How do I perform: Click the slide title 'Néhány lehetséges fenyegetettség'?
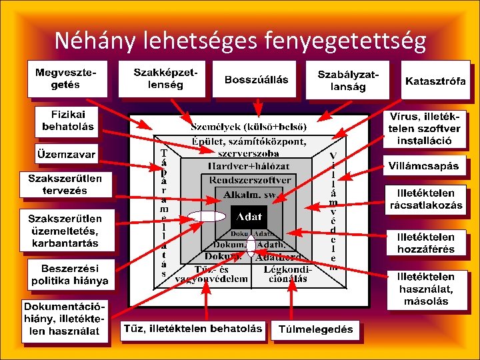pos(240,41)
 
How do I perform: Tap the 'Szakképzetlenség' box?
pos(158,78)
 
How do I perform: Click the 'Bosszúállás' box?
pos(256,81)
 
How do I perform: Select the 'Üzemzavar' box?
pos(66,154)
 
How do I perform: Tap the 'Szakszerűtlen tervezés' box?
pos(65,184)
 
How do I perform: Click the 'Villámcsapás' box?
pos(431,165)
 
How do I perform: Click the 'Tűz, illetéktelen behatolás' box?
pos(193,329)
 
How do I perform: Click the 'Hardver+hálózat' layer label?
pos(249,166)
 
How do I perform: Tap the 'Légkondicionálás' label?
pos(287,274)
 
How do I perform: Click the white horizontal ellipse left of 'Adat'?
pos(207,215)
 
